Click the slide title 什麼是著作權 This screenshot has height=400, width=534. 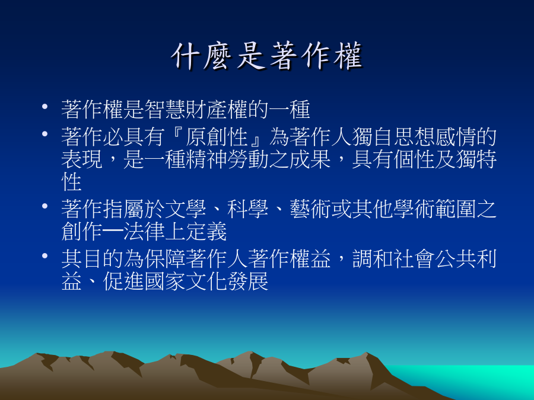pos(268,56)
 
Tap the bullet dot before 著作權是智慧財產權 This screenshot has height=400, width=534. pos(44,107)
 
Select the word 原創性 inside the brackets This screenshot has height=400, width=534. pos(217,137)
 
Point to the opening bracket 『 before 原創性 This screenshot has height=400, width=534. pos(176,135)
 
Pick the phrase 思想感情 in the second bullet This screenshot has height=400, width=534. pos(435,137)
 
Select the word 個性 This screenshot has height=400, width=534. pos(415,159)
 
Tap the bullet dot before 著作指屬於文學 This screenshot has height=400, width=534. pos(44,206)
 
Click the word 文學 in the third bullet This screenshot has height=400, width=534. pos(186,209)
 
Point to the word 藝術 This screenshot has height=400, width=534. pos(310,209)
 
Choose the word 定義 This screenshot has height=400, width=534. pos(206,231)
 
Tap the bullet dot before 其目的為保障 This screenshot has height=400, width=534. pos(44,255)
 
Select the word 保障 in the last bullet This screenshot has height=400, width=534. pos(165,259)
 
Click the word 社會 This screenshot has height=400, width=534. pos(415,259)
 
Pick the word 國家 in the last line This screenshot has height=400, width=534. pos(165,281)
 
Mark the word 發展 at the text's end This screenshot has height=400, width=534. pos(248,281)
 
